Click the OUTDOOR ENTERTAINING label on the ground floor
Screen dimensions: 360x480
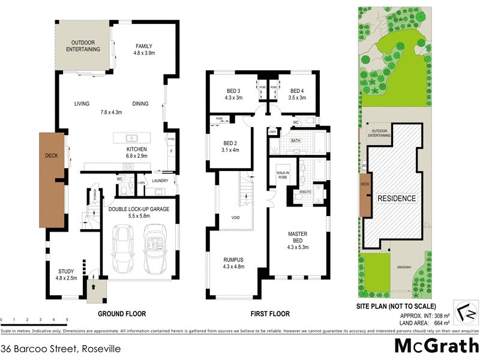point(83,46)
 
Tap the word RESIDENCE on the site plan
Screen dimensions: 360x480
point(395,197)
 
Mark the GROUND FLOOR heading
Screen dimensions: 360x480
point(122,314)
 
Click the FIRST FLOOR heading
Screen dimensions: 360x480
point(269,314)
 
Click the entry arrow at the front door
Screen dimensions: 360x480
point(94,287)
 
